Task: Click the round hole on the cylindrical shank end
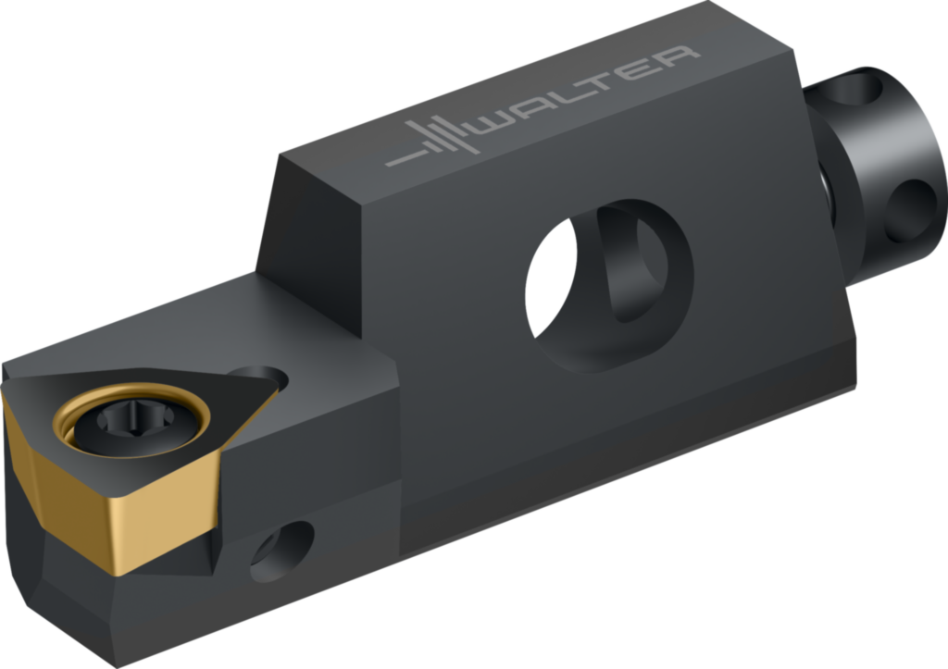pos(910,211)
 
